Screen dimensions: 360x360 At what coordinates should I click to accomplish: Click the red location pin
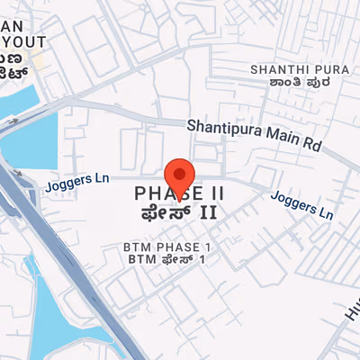click(180, 173)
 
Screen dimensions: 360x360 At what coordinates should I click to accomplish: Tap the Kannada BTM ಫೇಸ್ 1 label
click(166, 259)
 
